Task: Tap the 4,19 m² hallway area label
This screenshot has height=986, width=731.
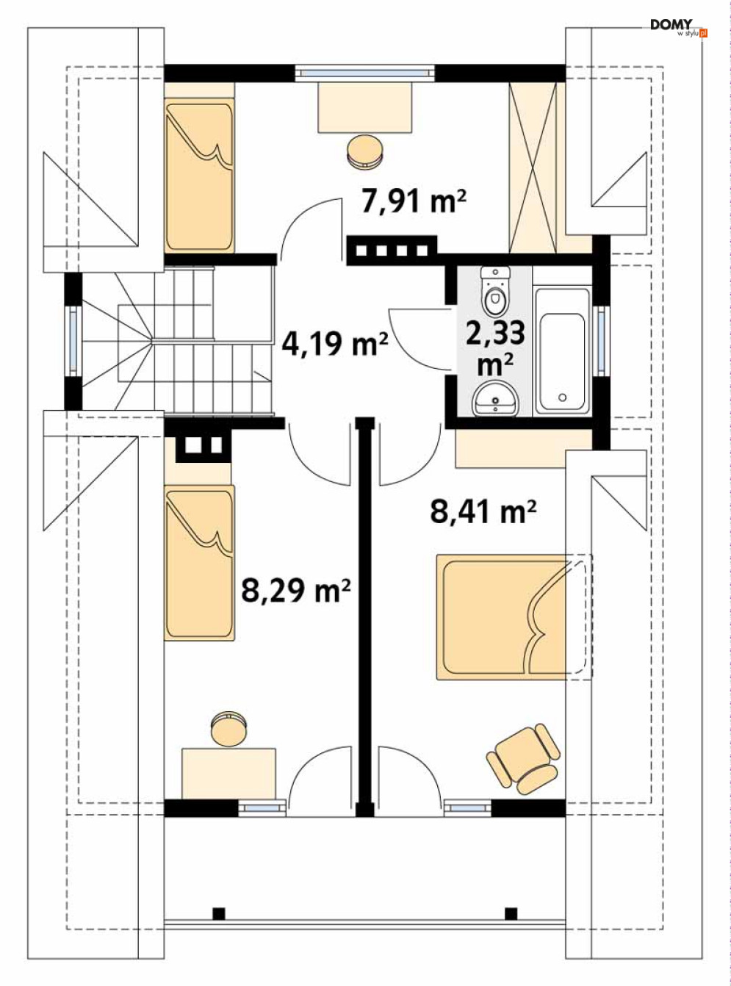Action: tap(335, 344)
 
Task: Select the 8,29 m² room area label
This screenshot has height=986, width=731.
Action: tap(295, 589)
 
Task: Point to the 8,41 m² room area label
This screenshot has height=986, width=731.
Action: tap(483, 511)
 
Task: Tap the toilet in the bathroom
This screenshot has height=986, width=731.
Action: tap(495, 290)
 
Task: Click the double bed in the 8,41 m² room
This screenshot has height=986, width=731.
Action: tap(514, 623)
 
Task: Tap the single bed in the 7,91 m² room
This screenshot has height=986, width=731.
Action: tap(199, 177)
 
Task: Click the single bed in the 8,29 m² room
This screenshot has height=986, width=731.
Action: tap(199, 562)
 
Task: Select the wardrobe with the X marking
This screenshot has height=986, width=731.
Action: tap(533, 168)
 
